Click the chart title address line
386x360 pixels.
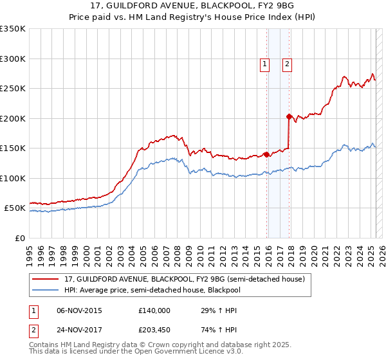192,6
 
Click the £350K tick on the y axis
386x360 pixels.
13,29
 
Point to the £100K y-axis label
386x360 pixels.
13,178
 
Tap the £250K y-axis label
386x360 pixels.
13,89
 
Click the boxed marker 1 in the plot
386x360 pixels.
265,64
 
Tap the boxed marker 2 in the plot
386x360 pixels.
286,64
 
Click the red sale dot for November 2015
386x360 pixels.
266,154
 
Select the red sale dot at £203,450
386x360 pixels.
289,116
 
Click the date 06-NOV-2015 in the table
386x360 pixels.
80,310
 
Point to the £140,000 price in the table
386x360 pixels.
154,310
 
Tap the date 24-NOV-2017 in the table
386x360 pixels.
80,331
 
